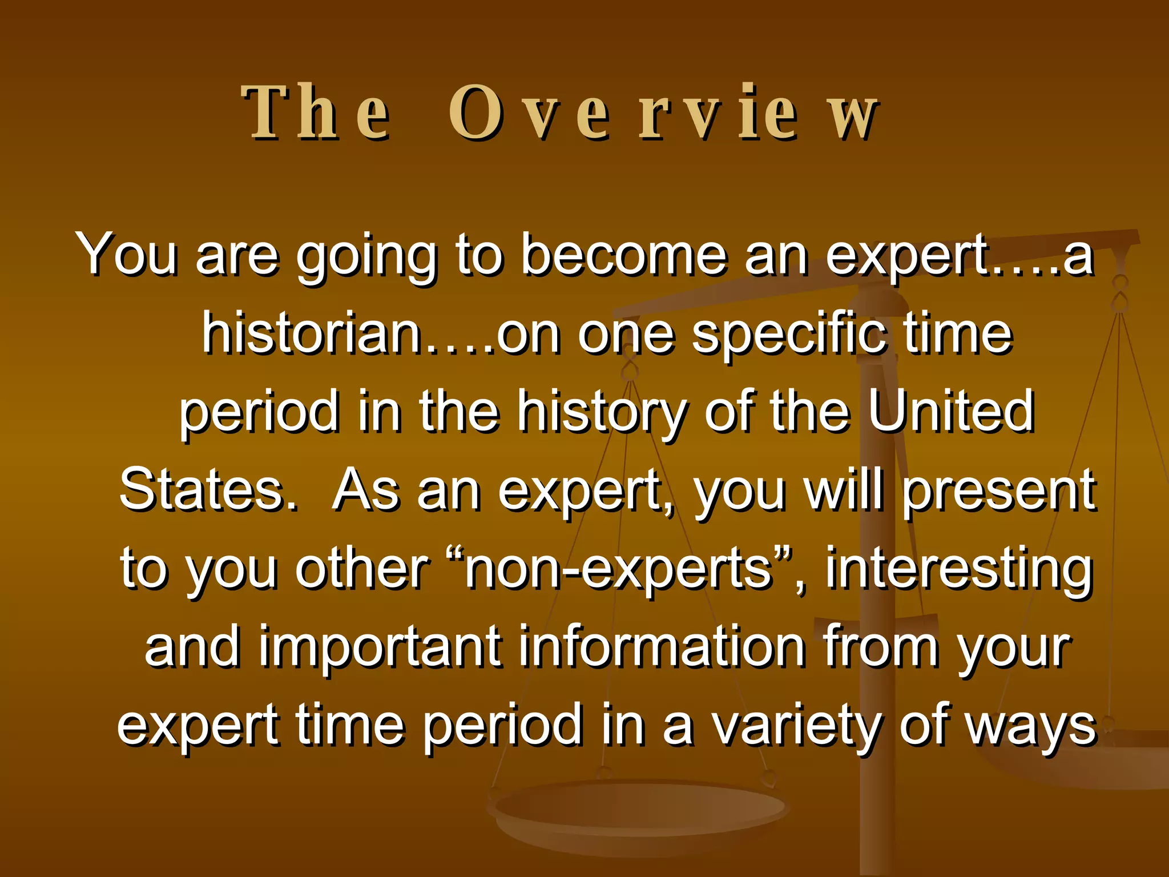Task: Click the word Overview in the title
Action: (x=662, y=112)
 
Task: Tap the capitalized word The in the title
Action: (x=317, y=112)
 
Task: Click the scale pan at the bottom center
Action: (x=639, y=811)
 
